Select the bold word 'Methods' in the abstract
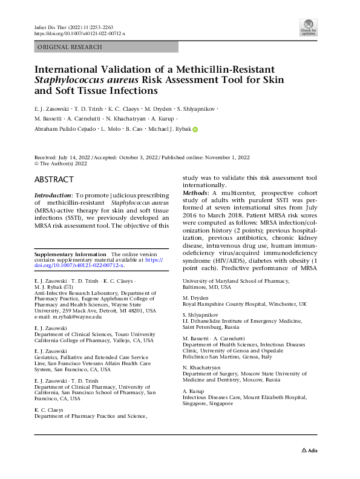(x=197, y=192)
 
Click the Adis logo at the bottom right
(x=309, y=451)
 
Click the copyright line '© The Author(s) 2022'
(x=61, y=164)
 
